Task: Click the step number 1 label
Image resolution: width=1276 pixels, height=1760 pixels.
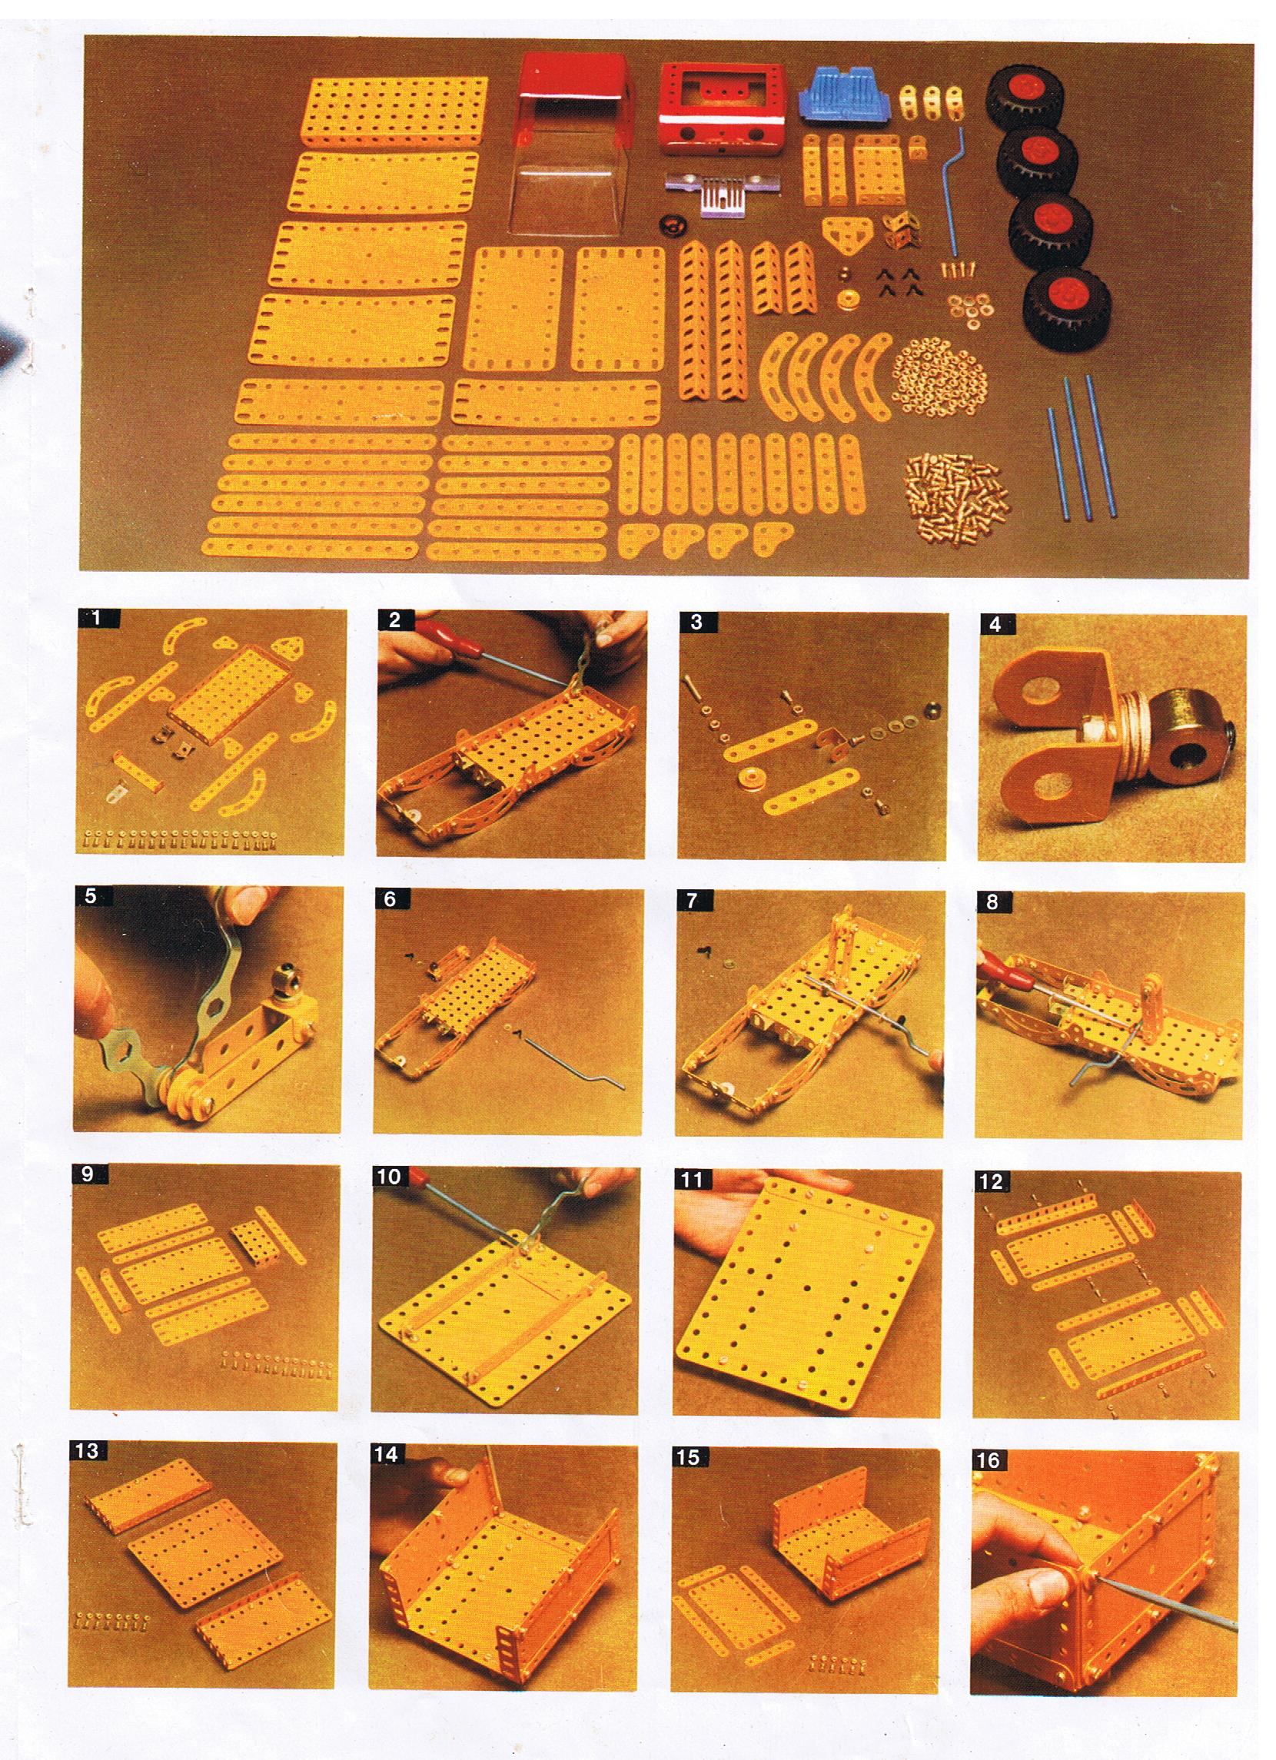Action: (x=96, y=619)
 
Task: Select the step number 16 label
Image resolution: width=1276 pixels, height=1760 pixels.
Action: (x=988, y=1459)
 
